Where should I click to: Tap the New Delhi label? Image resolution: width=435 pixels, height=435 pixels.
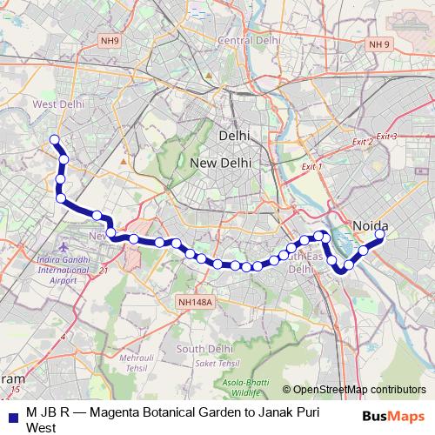tap(221, 163)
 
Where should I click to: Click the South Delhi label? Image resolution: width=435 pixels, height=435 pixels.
tap(204, 349)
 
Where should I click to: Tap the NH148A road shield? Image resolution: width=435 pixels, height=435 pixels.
tap(194, 301)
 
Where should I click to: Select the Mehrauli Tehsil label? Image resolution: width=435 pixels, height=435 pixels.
tap(137, 363)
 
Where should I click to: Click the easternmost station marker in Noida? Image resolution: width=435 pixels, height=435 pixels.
tap(380, 233)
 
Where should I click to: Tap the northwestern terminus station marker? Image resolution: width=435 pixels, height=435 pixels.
tap(55, 139)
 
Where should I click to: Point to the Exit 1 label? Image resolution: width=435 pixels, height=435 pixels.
tap(311, 166)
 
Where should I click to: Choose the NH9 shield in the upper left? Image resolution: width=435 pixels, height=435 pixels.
tap(109, 40)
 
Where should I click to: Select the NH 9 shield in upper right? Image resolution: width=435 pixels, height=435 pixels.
tap(379, 44)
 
